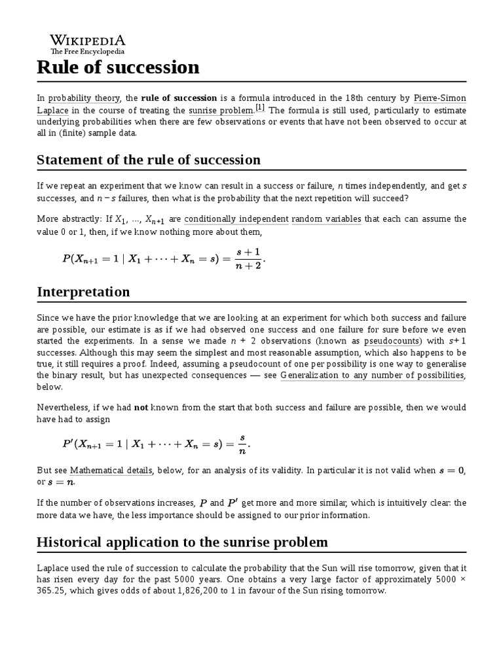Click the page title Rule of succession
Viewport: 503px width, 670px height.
coord(119,67)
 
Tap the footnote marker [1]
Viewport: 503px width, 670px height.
coord(260,107)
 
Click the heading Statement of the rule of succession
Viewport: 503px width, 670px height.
coord(149,160)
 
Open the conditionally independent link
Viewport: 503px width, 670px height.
coord(236,219)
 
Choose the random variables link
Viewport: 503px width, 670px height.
coord(326,219)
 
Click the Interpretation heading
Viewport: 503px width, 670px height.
coord(83,292)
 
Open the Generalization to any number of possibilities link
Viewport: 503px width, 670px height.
coord(372,375)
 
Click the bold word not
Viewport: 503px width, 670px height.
coord(141,407)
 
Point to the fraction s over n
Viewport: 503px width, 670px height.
coord(243,444)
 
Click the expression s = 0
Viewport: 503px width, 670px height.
coord(451,470)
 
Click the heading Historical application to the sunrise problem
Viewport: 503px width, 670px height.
coord(183,542)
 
